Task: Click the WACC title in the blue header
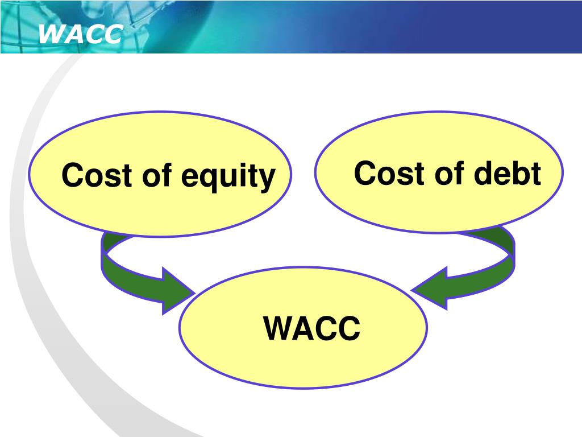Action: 80,35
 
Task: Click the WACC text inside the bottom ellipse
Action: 311,328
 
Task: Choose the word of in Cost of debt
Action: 450,174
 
